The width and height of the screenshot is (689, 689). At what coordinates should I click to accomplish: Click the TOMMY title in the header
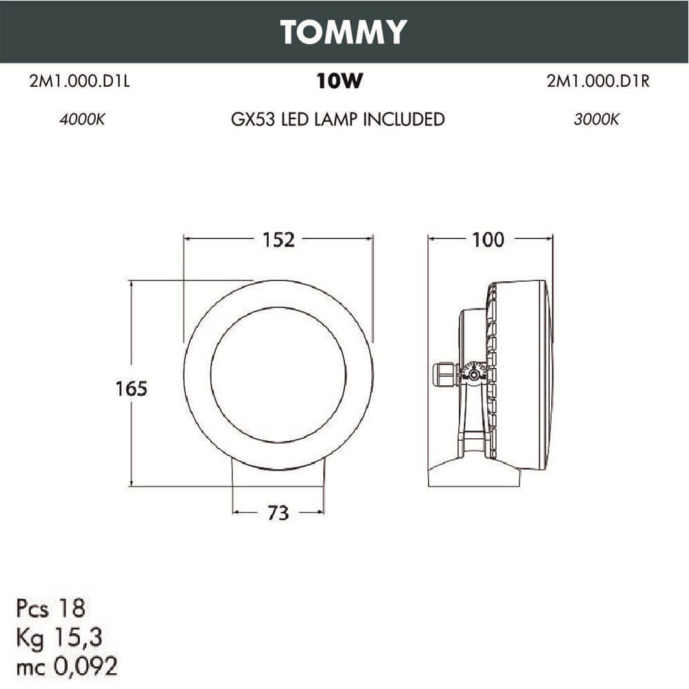pyautogui.click(x=344, y=32)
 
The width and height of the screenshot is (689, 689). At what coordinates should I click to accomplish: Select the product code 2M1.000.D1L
pyautogui.click(x=80, y=82)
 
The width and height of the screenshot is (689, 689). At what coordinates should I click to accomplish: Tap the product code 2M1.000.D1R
pyautogui.click(x=598, y=82)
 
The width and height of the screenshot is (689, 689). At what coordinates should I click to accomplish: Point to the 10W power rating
pyautogui.click(x=339, y=82)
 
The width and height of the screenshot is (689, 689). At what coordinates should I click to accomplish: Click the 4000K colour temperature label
pyautogui.click(x=82, y=119)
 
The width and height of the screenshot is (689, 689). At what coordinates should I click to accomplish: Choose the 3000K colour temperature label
pyautogui.click(x=597, y=119)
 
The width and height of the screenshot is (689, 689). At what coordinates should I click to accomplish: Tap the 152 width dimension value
pyautogui.click(x=278, y=239)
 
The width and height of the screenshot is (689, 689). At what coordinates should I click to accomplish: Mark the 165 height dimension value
pyautogui.click(x=131, y=389)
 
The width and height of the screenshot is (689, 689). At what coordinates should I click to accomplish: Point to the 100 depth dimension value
pyautogui.click(x=488, y=239)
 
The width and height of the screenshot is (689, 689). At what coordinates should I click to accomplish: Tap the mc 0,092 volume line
pyautogui.click(x=67, y=666)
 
